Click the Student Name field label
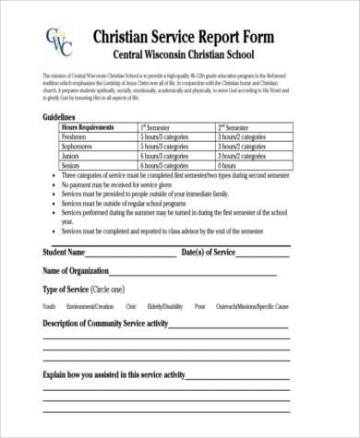(64, 252)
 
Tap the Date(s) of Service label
(211, 252)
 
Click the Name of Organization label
(79, 270)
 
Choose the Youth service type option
(49, 305)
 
